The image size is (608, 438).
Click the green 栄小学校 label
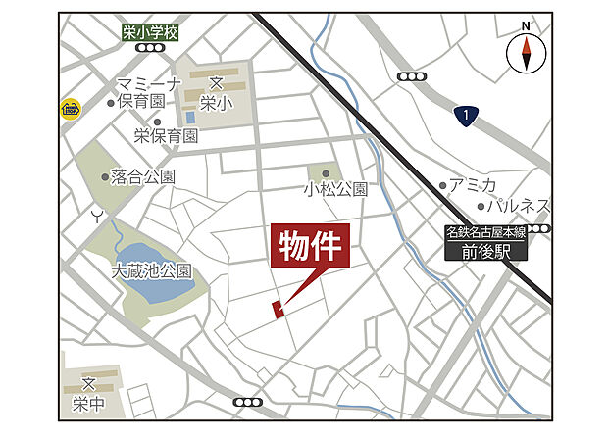click(x=150, y=33)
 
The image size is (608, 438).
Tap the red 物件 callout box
click(x=310, y=250)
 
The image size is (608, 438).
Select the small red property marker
click(x=278, y=310)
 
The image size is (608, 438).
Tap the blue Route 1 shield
click(x=467, y=117)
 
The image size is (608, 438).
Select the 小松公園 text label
click(x=335, y=189)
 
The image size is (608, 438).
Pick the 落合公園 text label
click(x=142, y=177)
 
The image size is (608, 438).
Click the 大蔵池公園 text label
click(x=152, y=271)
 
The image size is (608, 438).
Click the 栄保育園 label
click(x=167, y=135)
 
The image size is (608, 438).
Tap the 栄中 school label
click(x=87, y=403)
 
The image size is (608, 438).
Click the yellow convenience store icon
click(x=70, y=107)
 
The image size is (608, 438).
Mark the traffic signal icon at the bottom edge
click(x=248, y=402)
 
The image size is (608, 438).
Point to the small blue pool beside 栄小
click(x=191, y=119)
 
